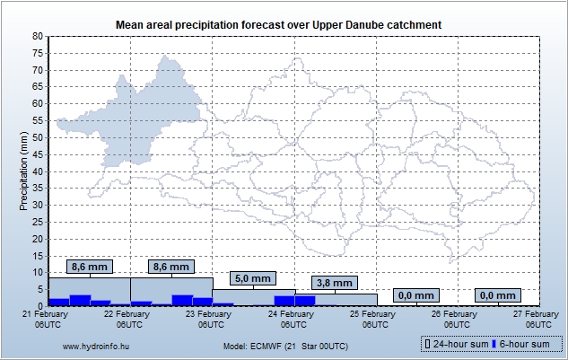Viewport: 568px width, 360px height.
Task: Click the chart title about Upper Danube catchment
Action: tap(284, 22)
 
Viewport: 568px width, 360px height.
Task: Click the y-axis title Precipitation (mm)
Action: tap(23, 171)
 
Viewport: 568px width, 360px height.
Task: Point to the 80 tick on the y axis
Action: tap(38, 36)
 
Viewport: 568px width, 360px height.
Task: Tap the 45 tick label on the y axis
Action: tap(38, 154)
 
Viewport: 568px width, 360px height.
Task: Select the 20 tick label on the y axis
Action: tap(38, 238)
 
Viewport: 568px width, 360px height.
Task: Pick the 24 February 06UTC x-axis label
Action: tap(291, 319)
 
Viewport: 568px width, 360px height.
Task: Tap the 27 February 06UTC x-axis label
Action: tap(536, 319)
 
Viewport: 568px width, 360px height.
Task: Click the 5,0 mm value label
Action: tap(253, 279)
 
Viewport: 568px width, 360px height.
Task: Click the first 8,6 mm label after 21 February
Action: tap(90, 267)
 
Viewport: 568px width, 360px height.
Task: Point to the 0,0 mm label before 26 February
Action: tap(415, 295)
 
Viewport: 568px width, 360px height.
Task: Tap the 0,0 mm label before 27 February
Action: tap(498, 295)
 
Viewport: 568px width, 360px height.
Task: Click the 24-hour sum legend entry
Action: tap(456, 344)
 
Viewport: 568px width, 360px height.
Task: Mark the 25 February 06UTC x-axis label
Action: tap(372, 319)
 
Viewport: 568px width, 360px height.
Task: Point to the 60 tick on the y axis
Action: tap(38, 103)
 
